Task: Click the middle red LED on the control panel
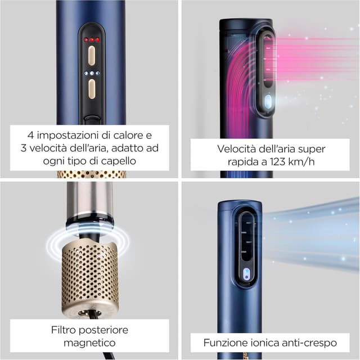[x=91, y=40]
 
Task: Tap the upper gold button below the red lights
[x=91, y=55]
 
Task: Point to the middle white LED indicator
[x=91, y=73]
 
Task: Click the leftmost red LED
[x=85, y=40]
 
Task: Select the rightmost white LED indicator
[x=97, y=73]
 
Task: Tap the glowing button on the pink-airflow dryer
[x=268, y=101]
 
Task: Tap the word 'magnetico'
[x=90, y=343]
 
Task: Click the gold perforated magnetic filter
[x=90, y=276]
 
